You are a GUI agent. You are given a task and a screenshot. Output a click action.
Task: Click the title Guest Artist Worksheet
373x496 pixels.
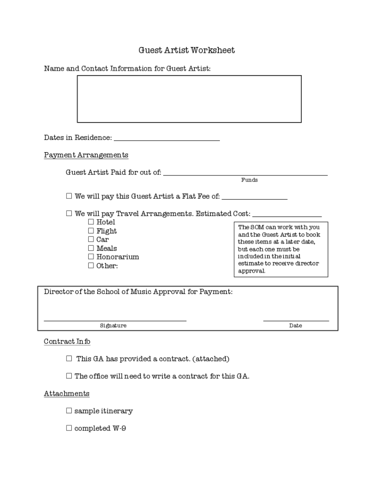186,50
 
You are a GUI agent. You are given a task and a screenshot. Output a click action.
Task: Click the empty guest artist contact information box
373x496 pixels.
189,99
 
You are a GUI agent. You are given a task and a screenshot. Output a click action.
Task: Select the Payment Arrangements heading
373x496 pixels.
86,155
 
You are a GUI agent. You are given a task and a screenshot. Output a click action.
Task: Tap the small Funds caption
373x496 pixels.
249,180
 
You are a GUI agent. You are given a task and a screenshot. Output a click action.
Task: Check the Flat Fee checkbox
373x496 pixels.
69,196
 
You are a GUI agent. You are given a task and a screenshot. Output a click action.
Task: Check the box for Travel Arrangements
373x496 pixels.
69,213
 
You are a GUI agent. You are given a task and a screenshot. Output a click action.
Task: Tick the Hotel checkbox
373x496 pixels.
91,222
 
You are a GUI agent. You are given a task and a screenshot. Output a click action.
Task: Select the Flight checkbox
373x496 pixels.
91,231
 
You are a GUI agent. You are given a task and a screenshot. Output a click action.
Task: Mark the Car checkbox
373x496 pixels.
91,239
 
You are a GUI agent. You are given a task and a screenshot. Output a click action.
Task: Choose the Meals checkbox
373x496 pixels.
91,248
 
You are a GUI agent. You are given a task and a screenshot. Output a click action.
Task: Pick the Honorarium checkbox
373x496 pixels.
91,257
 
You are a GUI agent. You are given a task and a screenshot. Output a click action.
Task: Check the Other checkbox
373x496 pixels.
91,265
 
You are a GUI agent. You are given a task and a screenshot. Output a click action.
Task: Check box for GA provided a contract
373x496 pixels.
69,359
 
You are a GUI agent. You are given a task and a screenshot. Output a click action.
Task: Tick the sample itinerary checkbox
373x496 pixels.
69,411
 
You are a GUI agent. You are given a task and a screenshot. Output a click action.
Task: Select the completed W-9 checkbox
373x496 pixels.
69,428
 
